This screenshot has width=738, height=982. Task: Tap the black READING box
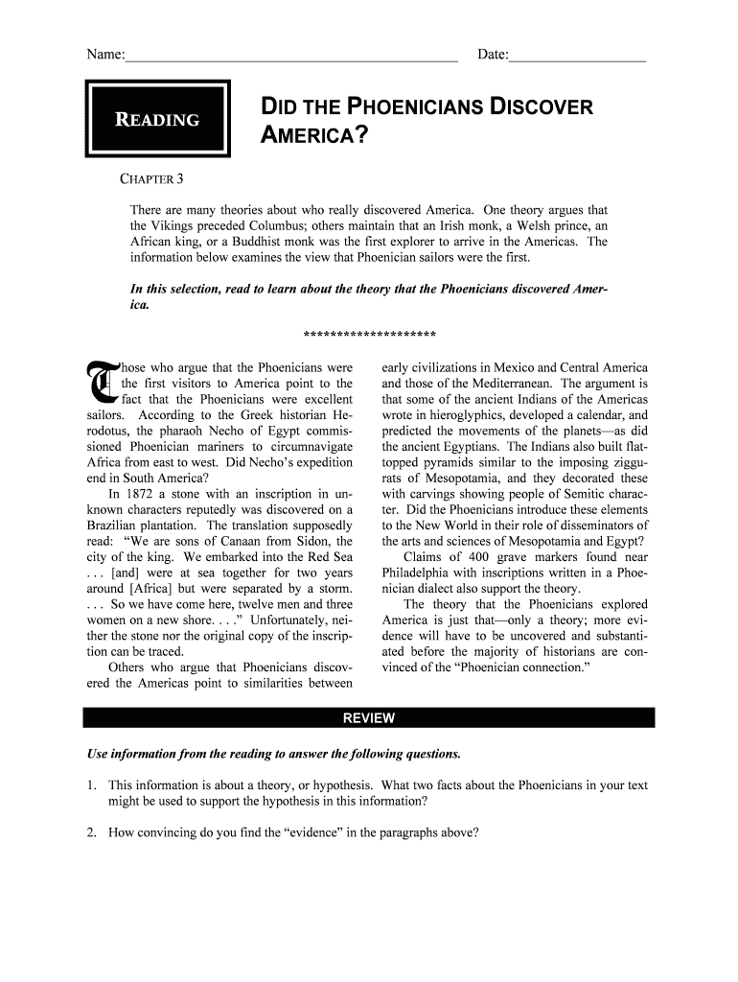(158, 120)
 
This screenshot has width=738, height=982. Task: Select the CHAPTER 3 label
(157, 180)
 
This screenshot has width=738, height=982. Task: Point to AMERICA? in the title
(315, 138)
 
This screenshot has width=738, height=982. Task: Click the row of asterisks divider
(369, 336)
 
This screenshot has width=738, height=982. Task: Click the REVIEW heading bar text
(369, 718)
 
